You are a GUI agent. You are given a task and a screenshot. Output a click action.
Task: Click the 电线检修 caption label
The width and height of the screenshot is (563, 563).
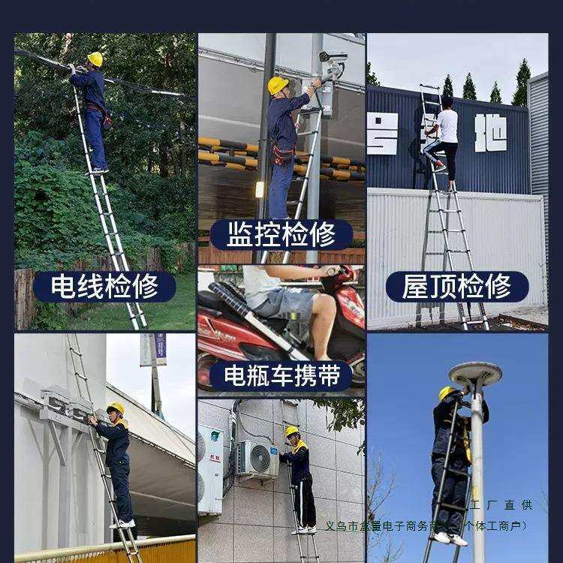104,286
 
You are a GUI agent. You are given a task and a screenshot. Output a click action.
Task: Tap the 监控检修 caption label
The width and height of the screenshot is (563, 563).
281,234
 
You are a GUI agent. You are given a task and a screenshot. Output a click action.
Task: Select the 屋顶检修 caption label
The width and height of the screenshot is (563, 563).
457,286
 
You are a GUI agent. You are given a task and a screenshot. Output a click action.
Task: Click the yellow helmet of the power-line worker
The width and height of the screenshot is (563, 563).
95,59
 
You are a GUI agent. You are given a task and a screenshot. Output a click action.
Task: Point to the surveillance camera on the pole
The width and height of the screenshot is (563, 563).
332,57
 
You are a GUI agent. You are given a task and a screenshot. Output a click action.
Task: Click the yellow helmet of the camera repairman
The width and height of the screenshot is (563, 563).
278,85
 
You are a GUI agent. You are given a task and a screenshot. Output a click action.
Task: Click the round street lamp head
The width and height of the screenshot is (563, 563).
474,372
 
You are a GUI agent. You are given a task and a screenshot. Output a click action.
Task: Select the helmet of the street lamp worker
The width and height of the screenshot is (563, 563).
447,393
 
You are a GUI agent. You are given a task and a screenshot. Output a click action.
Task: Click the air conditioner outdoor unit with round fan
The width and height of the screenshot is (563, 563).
257,459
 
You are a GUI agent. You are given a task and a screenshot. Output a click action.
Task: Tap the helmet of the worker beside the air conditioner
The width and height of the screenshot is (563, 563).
292,432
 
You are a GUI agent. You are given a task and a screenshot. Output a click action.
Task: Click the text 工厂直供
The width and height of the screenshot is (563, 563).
501,505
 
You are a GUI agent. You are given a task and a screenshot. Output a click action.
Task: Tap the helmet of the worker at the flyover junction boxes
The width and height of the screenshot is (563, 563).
116,408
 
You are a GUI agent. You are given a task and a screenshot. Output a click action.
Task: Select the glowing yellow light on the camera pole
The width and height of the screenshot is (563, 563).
260,188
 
